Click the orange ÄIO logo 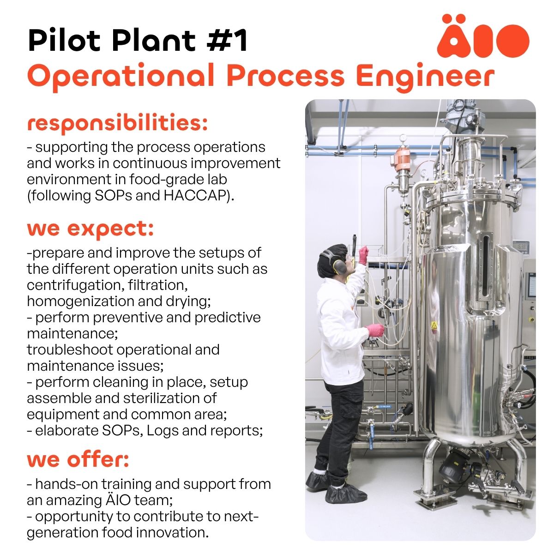[483, 36]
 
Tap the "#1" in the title [226, 40]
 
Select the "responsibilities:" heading [117, 123]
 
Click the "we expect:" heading [90, 229]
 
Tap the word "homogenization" [80, 301]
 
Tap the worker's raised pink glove [363, 255]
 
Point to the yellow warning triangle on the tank [434, 325]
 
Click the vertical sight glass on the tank [486, 266]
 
